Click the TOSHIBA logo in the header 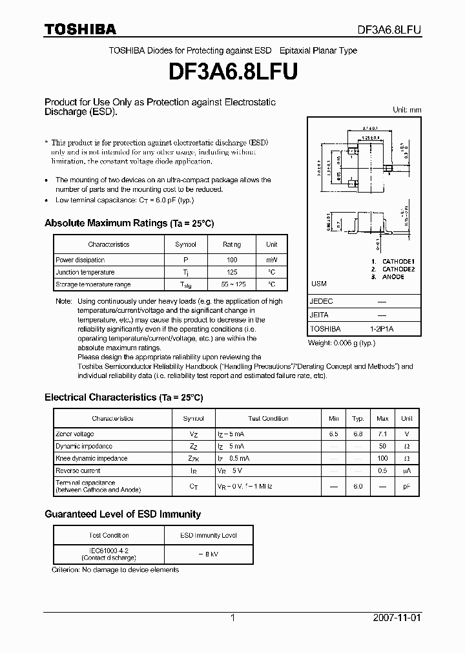[x=80, y=29]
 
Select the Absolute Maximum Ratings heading [x=129, y=223]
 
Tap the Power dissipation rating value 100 [x=232, y=260]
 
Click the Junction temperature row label [x=85, y=273]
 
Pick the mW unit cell [x=272, y=260]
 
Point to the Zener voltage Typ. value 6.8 [x=358, y=434]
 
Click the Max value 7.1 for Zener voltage [x=382, y=434]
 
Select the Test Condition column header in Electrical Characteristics [x=268, y=419]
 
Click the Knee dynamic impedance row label [x=92, y=458]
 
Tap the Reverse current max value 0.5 [x=382, y=470]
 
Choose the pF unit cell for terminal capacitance [x=407, y=486]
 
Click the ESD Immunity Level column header [x=208, y=535]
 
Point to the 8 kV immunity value [x=208, y=554]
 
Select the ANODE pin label [x=393, y=277]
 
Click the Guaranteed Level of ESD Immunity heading [x=123, y=514]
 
